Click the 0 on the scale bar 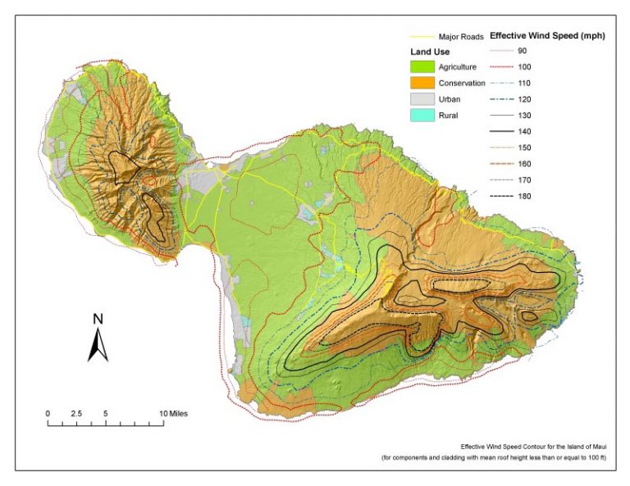point(48,414)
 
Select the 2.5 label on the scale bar point(75,414)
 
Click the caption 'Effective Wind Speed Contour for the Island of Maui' point(533,447)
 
